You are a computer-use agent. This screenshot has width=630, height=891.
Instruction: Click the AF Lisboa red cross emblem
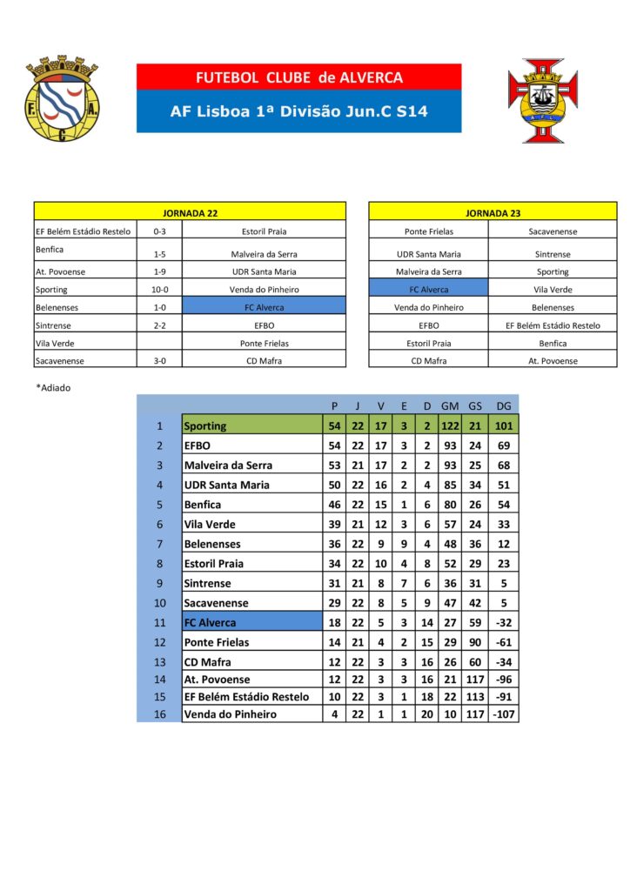click(549, 100)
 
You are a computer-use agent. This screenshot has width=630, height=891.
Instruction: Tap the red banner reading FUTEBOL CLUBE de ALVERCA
click(298, 77)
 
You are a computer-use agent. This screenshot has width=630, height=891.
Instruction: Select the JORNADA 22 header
click(190, 211)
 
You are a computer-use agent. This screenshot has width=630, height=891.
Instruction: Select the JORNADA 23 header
click(493, 211)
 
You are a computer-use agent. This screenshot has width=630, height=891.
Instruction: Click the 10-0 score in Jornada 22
click(159, 290)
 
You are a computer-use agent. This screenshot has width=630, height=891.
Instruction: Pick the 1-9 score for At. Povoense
click(159, 271)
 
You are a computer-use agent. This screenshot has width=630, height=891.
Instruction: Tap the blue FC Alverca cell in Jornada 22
click(264, 307)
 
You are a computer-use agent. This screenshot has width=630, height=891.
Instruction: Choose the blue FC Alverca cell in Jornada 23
click(428, 290)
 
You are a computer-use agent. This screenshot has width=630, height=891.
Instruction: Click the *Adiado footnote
click(53, 388)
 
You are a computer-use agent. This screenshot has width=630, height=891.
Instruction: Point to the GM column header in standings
click(450, 405)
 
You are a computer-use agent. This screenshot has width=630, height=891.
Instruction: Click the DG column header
click(503, 405)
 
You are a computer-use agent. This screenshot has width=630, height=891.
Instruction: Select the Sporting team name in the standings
click(205, 425)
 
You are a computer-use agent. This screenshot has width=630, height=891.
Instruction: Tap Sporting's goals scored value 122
click(450, 425)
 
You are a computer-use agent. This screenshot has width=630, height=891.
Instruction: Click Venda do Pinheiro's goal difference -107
click(503, 714)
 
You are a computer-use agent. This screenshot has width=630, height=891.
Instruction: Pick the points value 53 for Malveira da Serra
click(335, 466)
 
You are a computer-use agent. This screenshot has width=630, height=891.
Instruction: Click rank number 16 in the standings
click(158, 714)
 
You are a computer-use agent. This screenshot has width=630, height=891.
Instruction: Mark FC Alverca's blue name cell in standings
click(251, 622)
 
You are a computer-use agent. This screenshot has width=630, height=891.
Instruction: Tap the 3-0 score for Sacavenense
click(159, 360)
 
